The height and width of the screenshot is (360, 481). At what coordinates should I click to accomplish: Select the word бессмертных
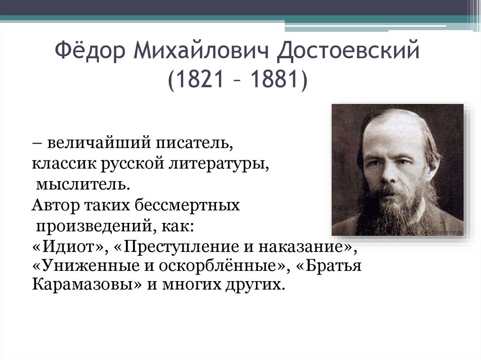(186, 205)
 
